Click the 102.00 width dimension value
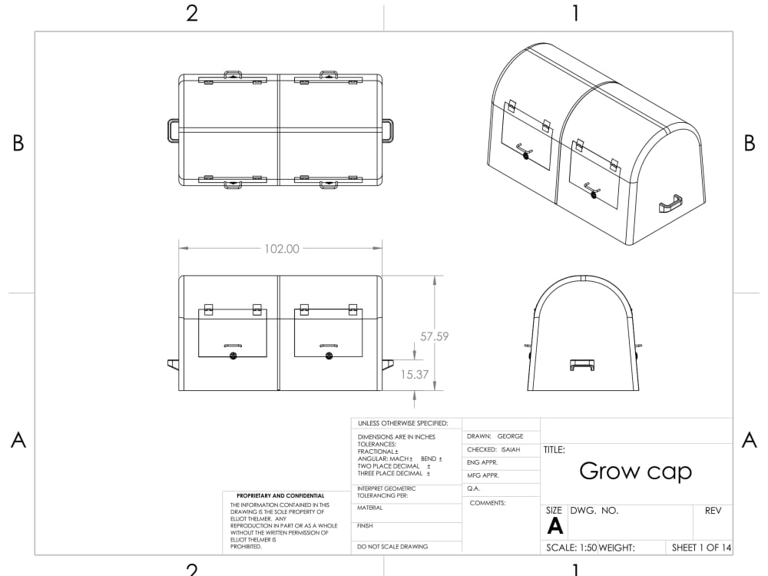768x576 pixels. tap(281, 249)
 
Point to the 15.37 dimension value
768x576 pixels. tap(415, 374)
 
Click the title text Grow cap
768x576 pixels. tap(635, 471)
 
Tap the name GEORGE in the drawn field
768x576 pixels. tap(510, 436)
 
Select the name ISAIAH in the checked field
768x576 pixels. tap(510, 449)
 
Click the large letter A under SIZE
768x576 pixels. tap(554, 527)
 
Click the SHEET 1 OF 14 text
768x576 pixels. tap(701, 548)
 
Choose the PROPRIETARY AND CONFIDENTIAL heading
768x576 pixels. tap(280, 496)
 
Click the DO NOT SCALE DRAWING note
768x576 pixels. tap(393, 547)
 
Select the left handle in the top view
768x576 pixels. tap(173, 130)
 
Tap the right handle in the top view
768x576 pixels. tap(388, 130)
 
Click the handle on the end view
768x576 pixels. tap(582, 364)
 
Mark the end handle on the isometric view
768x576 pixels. tap(670, 204)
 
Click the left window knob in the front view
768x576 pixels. tap(233, 356)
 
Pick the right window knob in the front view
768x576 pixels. tap(329, 356)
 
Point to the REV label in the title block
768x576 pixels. tap(712, 511)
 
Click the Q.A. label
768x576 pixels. tap(473, 488)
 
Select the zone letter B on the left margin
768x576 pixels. tap(18, 144)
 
